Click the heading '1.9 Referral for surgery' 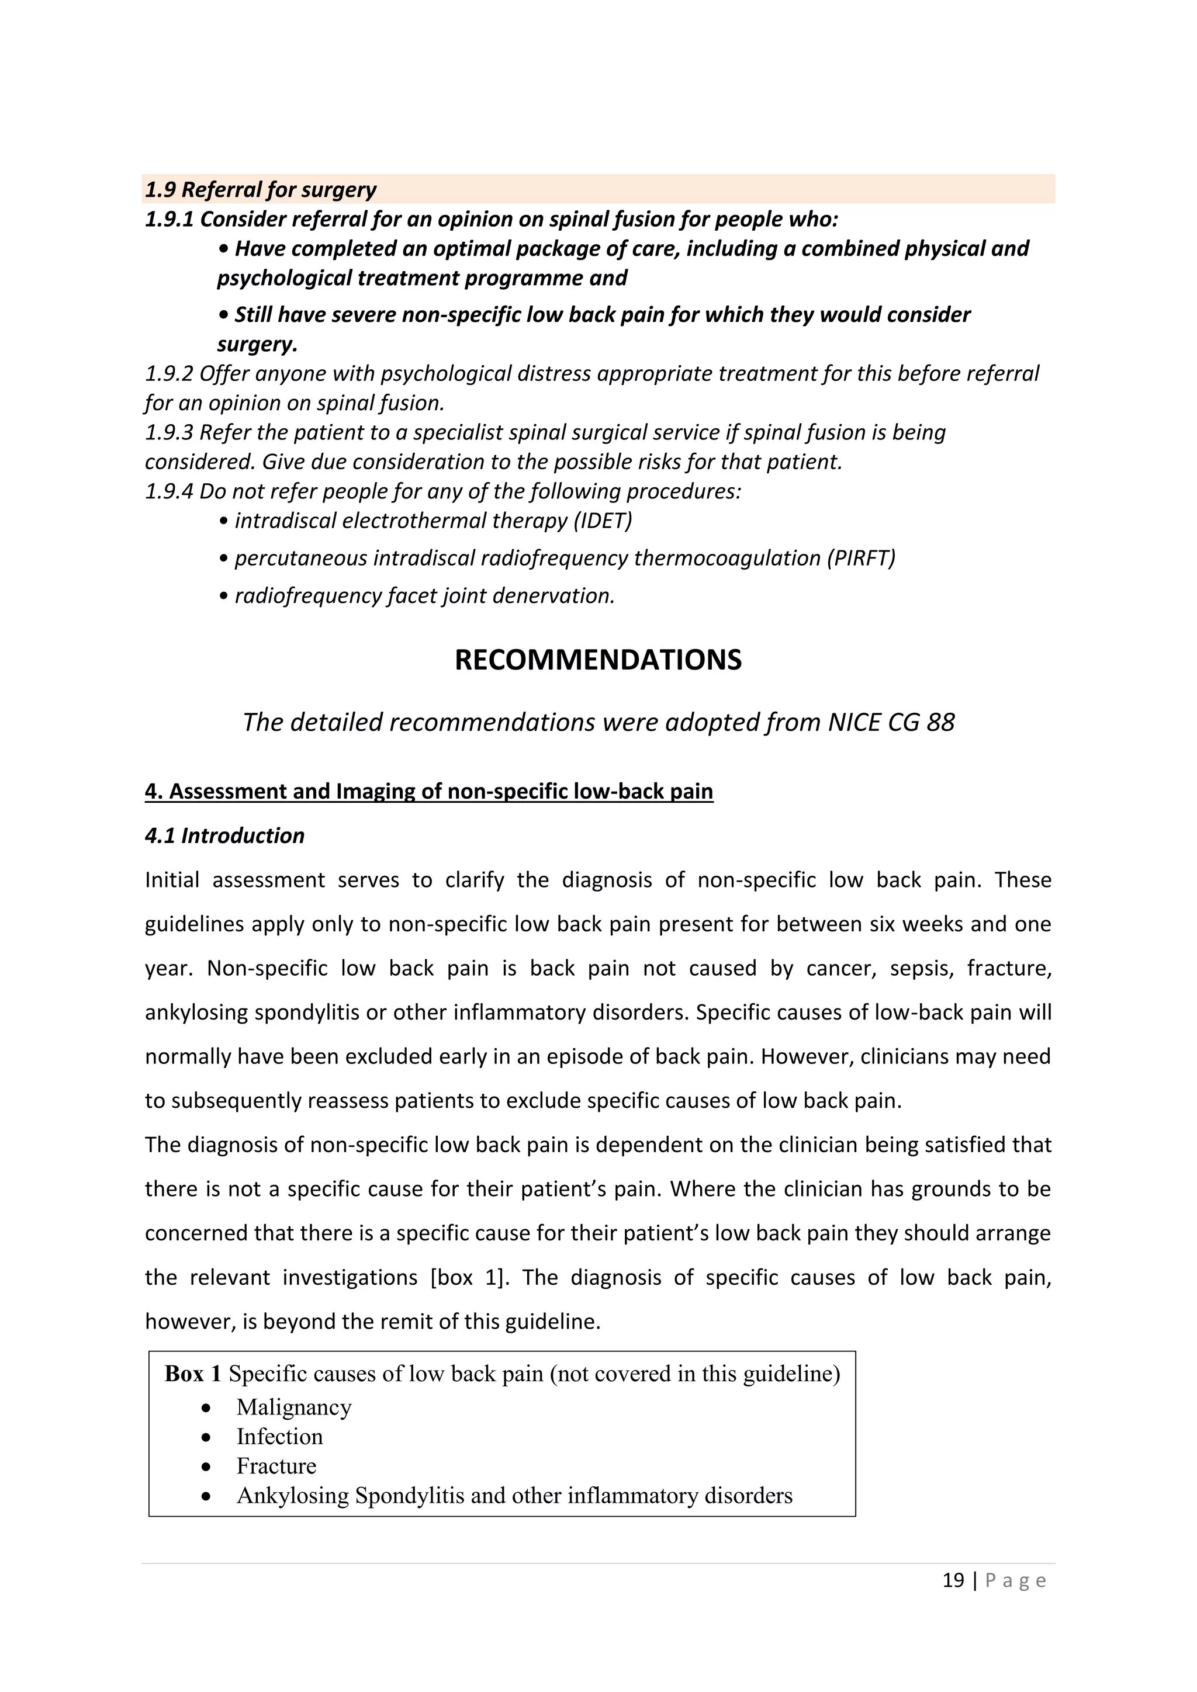point(260,189)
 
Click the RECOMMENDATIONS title point(598,660)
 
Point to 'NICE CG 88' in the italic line point(891,722)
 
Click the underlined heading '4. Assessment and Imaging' point(428,792)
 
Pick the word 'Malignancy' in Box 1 point(293,1407)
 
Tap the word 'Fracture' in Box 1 point(276,1466)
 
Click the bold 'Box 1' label point(192,1374)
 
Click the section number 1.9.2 point(169,373)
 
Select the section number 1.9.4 point(169,491)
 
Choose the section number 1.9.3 point(169,432)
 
